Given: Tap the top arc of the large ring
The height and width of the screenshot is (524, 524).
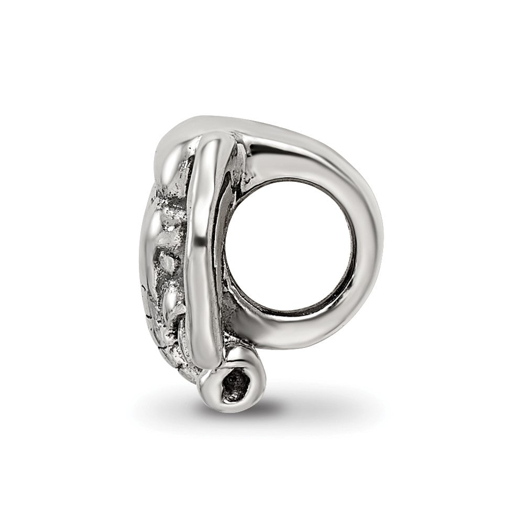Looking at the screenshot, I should click(293, 152).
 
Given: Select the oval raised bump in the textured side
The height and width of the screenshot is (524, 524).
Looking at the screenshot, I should click(168, 262).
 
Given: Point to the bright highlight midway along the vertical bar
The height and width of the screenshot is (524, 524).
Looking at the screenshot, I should click(202, 246).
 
